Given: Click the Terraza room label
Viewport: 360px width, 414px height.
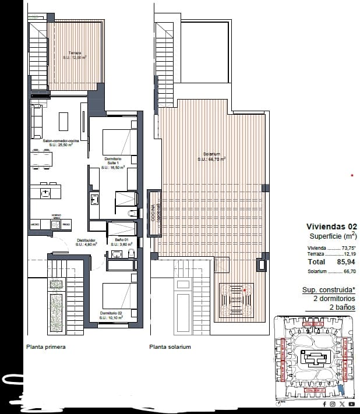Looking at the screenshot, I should point(75,55).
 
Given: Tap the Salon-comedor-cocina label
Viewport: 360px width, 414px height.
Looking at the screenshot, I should point(57,143).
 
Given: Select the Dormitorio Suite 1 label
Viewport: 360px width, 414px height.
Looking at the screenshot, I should point(113,162).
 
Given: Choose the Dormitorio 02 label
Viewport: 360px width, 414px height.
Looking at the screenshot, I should point(113,316).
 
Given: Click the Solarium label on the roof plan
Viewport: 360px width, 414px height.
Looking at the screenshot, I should point(211,156).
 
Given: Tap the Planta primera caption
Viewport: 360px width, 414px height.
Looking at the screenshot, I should point(45,347).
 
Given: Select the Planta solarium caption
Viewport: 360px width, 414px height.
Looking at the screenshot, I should point(170,347).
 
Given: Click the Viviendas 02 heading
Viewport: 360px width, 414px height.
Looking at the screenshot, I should point(331,227).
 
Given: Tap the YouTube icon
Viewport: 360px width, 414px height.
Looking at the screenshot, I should point(352,404).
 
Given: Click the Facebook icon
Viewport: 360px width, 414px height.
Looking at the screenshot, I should point(324,404).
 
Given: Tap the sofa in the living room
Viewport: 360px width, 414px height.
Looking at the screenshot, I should point(36,119).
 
